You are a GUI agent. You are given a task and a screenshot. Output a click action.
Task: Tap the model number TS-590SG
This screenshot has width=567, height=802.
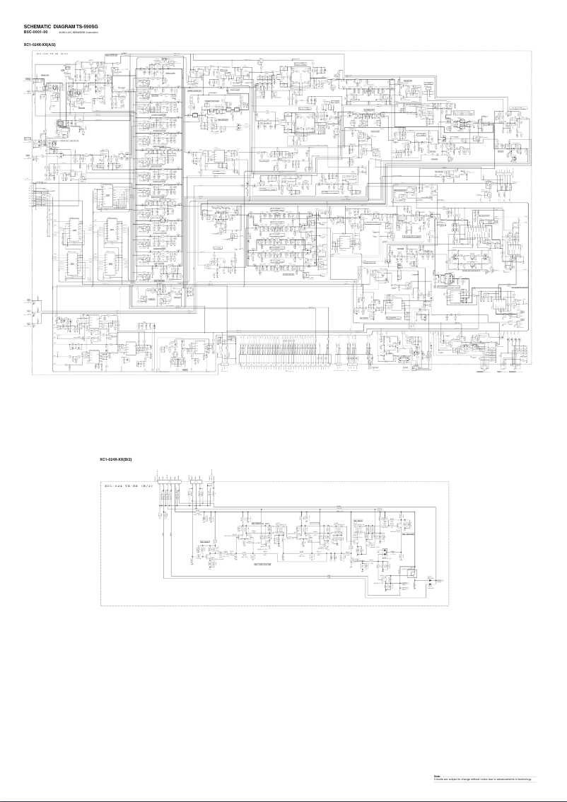click(x=87, y=26)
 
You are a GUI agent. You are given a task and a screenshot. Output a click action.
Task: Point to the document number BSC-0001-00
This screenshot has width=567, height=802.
click(x=36, y=32)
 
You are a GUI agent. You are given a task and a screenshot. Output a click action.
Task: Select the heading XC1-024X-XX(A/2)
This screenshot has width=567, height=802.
click(x=40, y=45)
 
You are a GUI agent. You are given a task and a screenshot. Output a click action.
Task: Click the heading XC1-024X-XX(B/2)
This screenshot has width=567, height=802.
click(x=116, y=459)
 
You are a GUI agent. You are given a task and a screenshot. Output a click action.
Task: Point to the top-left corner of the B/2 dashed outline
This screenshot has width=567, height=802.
click(x=100, y=482)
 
